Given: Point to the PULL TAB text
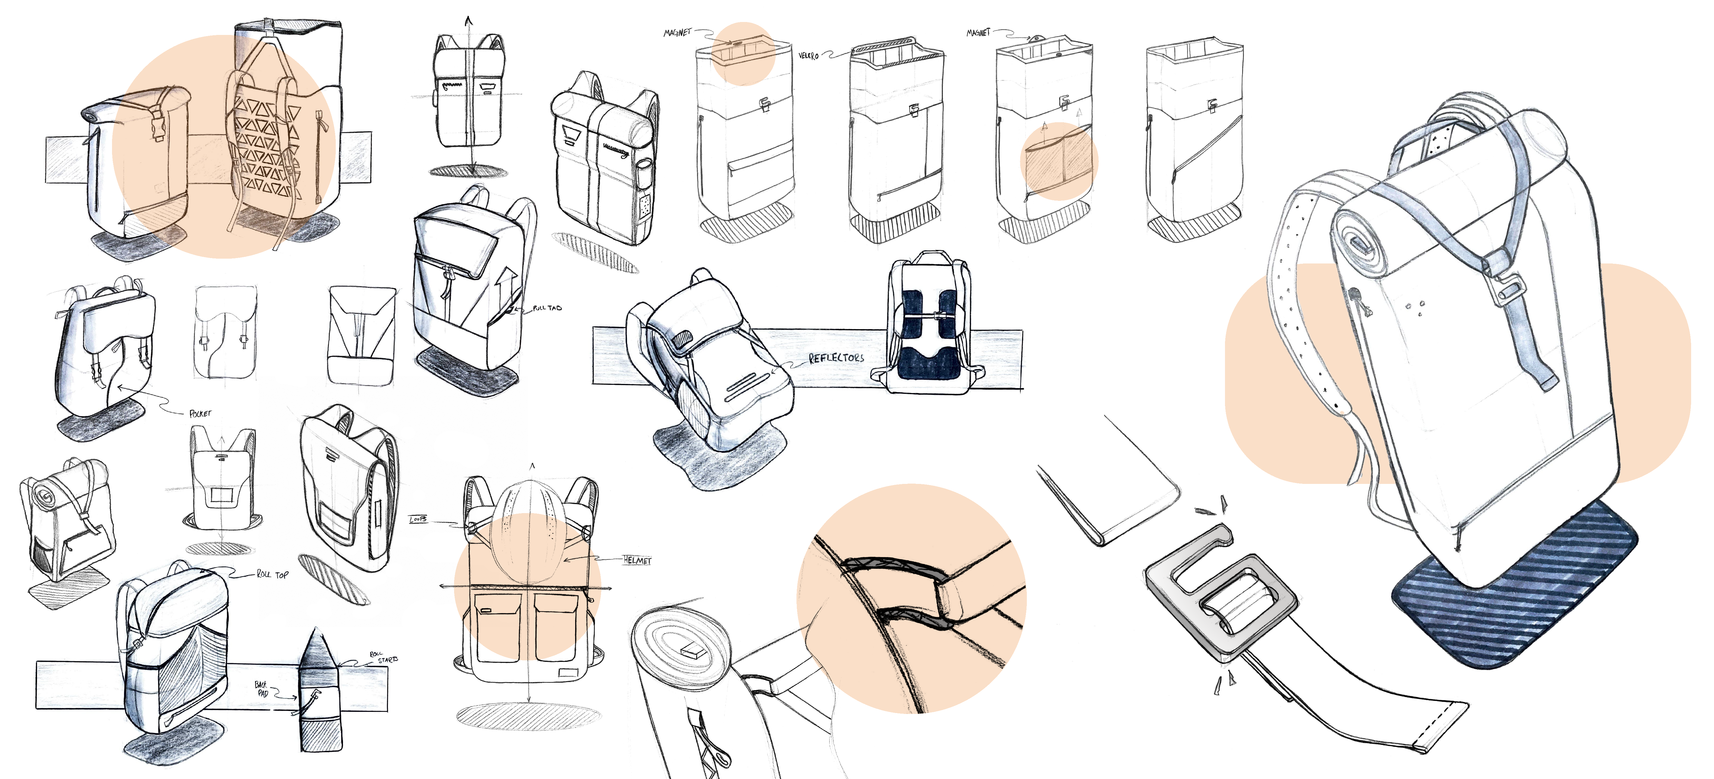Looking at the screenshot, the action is coord(547,308).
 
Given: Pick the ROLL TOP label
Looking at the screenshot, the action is coord(273,574).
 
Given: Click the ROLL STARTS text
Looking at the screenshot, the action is coord(384,657).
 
